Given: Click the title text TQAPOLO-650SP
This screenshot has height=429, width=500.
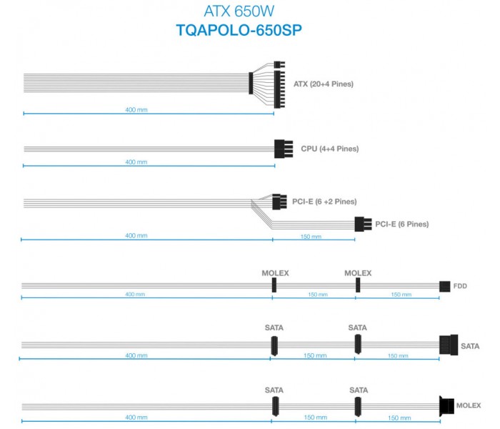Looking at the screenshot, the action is (239, 30).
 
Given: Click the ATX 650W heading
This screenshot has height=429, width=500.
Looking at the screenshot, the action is (239, 11).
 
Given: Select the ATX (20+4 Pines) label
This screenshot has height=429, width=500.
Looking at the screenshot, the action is (324, 84).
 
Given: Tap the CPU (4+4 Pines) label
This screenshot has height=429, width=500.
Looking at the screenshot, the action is (330, 149).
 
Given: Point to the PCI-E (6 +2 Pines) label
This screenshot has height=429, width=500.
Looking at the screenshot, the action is (324, 202).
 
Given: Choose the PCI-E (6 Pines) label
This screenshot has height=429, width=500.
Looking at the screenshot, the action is (401, 224).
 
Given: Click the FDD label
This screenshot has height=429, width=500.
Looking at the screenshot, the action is (460, 286).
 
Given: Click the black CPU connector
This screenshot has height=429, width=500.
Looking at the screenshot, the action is (284, 149).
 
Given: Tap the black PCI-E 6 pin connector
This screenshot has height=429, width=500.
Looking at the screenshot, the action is (363, 224).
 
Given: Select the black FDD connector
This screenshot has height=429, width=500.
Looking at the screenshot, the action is (444, 286).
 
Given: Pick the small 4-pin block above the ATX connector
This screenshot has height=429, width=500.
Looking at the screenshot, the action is (279, 65).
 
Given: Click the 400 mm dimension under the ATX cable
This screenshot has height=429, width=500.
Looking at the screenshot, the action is (136, 110).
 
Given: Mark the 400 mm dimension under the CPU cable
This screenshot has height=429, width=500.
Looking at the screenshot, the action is (136, 162).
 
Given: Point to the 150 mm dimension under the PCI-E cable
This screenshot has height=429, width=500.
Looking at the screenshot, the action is (311, 237).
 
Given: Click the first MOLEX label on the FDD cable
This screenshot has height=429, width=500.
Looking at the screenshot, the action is (275, 273).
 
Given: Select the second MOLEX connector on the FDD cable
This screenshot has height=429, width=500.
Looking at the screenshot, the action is (358, 285).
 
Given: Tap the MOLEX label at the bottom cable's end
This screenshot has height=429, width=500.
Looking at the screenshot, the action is (469, 405).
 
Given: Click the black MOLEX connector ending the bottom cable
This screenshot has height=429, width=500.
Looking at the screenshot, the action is (446, 406).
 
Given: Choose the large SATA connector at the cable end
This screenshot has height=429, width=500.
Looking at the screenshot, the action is (449, 345).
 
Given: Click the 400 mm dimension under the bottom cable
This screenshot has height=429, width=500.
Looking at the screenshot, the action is (136, 418).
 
